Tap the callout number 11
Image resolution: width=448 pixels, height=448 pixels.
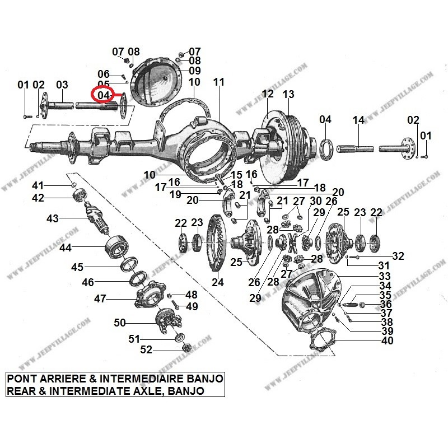pos(218,82)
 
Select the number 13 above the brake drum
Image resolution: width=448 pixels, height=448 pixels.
pos(288,95)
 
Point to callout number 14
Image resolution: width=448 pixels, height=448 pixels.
pos(358,120)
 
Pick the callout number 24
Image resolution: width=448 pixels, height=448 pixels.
pos(217,282)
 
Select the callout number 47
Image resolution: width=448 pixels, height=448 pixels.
pos(100,299)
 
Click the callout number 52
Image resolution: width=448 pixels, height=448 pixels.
pos(146,350)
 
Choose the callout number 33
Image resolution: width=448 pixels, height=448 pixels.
pos(385,276)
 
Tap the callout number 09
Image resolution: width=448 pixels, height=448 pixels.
pos(194,71)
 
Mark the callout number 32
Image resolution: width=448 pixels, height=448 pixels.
pos(398,256)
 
